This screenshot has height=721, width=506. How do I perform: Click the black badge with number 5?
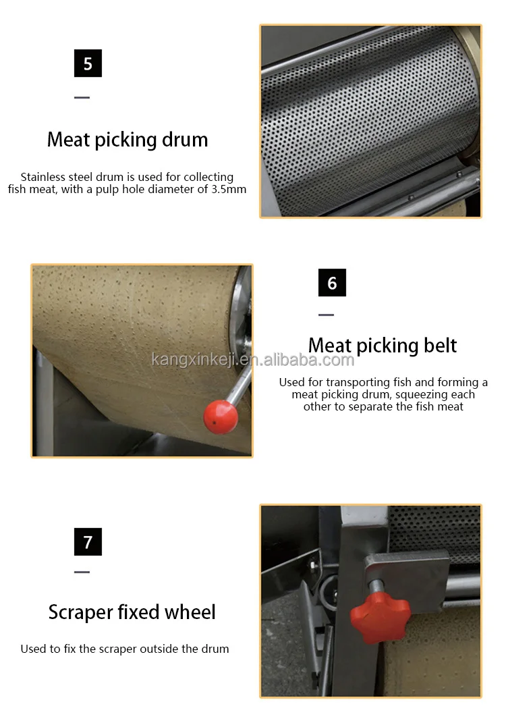[88, 63]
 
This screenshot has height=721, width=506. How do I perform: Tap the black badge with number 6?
[332, 282]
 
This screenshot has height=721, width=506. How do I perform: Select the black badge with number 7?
[88, 541]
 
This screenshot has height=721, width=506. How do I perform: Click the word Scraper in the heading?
[81, 612]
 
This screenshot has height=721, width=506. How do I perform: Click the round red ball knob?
[221, 417]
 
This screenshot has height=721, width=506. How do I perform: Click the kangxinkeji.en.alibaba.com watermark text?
[253, 359]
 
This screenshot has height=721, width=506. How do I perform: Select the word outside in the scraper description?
[157, 649]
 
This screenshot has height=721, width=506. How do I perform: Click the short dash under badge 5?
[82, 97]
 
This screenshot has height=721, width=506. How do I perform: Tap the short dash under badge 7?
[82, 572]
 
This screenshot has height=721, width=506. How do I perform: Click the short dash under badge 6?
[326, 315]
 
